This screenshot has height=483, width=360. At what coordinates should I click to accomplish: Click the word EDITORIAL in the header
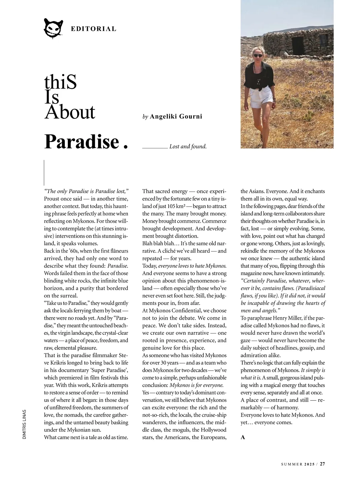pos(93,29)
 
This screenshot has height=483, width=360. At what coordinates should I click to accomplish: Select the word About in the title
pos(70,112)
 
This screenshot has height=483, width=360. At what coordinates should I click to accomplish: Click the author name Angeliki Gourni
pos(176,116)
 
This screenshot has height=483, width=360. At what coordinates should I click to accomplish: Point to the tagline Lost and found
pos(188,146)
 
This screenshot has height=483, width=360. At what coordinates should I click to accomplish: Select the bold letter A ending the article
pos(243,437)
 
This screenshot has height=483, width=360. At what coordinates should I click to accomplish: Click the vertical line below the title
pos(44,173)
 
